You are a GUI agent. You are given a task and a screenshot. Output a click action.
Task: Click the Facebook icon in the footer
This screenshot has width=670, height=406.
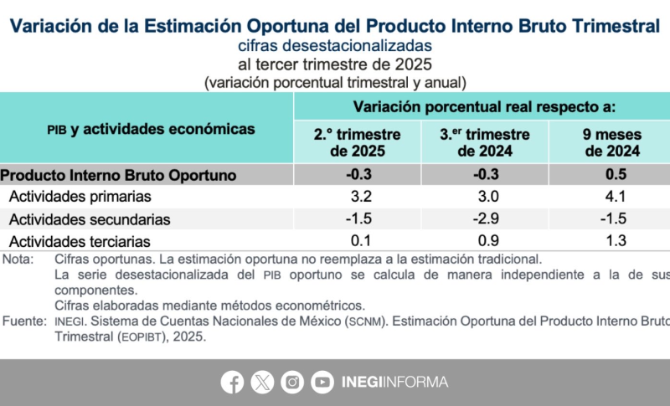(232, 382)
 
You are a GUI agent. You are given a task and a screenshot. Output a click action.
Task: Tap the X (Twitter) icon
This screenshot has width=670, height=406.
(262, 382)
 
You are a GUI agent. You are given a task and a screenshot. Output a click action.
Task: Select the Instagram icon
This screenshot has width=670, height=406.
(292, 382)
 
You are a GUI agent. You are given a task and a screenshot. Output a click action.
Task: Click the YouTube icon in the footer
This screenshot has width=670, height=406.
(322, 382)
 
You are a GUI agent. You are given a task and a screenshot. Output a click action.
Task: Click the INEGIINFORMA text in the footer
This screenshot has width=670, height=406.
(394, 382)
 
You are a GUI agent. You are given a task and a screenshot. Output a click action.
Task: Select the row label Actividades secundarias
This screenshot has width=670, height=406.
(90, 219)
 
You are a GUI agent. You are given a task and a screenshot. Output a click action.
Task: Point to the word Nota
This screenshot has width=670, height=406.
(17, 259)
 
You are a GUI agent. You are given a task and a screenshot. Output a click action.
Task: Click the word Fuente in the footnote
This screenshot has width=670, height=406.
(22, 321)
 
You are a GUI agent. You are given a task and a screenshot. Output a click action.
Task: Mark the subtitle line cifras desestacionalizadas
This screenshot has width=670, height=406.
(334, 44)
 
